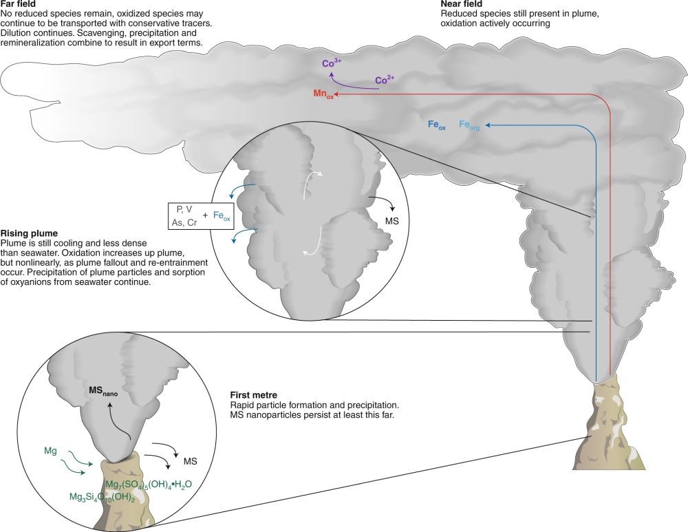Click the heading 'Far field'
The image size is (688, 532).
coord(15,4)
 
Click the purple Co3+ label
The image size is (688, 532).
coord(332,63)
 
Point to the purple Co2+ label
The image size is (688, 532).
coord(385,80)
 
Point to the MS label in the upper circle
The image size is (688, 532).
coord(390,222)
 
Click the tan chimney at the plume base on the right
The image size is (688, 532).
coord(609,427)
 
